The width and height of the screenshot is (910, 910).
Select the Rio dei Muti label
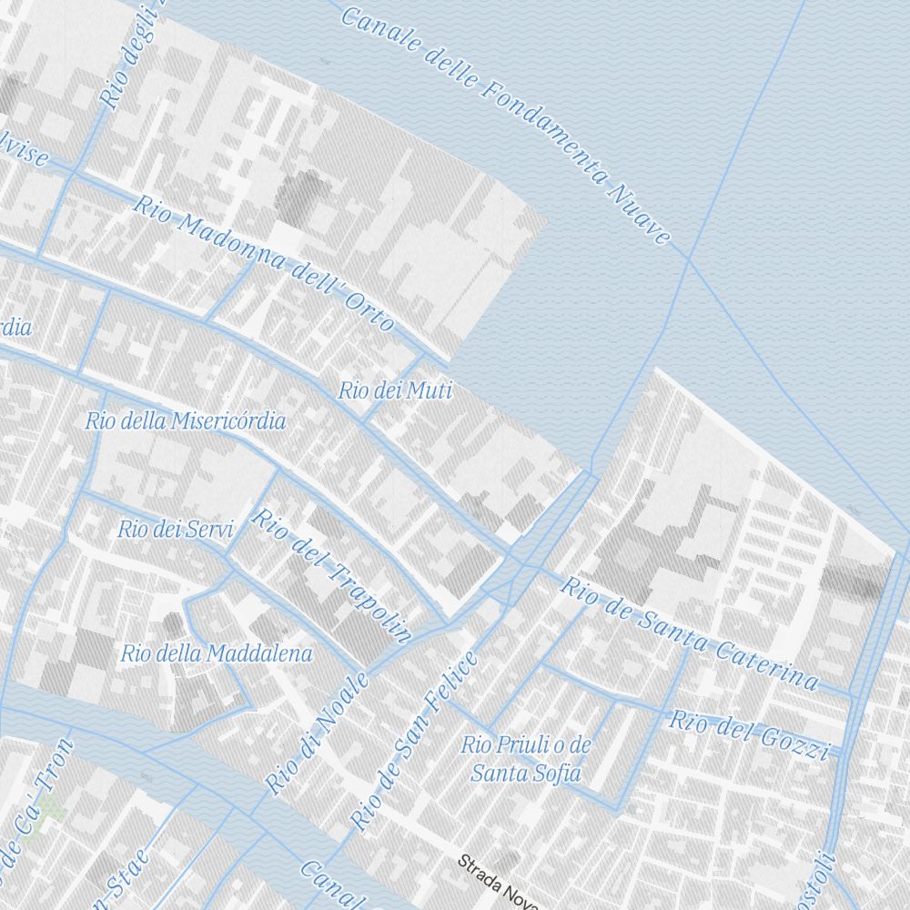394,391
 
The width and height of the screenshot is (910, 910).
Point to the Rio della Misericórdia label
186,420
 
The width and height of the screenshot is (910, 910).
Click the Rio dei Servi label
176,529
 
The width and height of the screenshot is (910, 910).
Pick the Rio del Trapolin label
332,575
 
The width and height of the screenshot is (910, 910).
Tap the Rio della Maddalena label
217,652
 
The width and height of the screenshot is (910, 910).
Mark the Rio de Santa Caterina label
689,633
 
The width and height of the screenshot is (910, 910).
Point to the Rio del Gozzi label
750,735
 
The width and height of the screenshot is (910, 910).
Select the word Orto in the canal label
369,311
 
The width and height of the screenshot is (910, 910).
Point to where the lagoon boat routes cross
689,260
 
